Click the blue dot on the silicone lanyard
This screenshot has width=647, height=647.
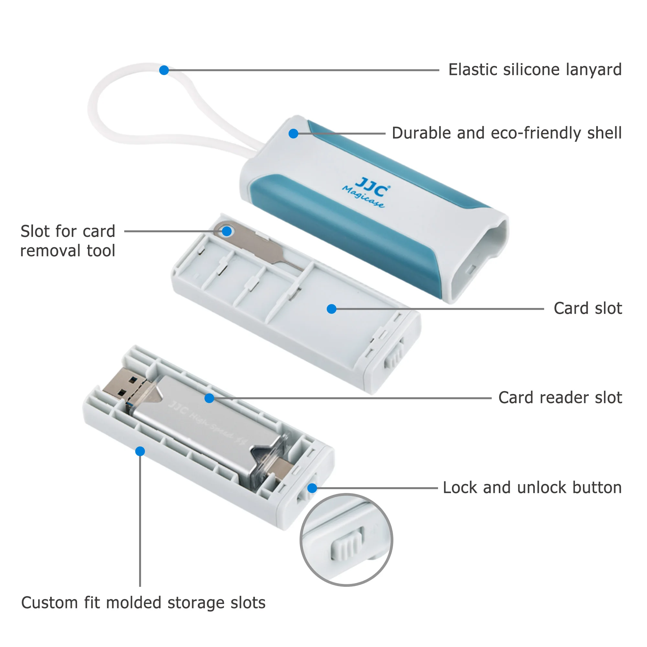(x=164, y=70)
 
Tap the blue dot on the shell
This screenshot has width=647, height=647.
(x=293, y=134)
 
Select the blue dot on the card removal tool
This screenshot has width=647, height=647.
(x=227, y=231)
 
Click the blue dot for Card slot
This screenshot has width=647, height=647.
(x=332, y=309)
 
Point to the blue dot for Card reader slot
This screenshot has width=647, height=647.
(x=209, y=398)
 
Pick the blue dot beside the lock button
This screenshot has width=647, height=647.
(x=312, y=488)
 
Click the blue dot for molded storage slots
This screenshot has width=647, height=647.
(x=140, y=451)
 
